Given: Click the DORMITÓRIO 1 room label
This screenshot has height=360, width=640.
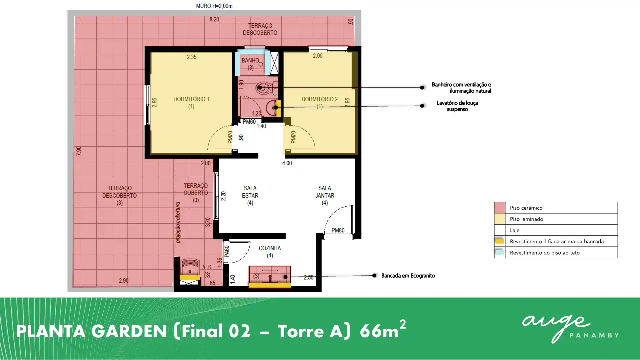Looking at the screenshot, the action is point(191,103).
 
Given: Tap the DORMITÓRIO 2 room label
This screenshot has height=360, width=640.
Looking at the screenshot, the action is point(319,103).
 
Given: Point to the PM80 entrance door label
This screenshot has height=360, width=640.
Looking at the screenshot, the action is point(338,230).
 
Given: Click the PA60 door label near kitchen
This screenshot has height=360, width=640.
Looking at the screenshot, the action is point(227,251).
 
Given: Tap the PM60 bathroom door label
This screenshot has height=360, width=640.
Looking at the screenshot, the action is point(249,122).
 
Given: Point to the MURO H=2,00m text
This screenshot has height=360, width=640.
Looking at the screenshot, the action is point(214,6).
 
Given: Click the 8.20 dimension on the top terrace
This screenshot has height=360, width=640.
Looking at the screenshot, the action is point(214,19).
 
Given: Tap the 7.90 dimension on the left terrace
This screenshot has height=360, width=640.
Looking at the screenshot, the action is point(79,151).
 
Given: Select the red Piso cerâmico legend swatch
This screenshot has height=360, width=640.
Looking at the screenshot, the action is point(499,208).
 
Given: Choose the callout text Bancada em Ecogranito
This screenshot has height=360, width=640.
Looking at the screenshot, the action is point(408,276).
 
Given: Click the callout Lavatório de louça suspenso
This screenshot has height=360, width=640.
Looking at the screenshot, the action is point(457,106).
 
